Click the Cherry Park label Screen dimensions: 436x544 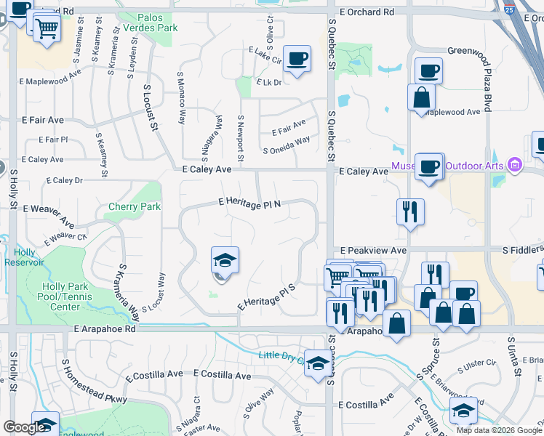[134, 206]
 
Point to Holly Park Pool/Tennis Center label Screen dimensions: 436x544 [65, 296]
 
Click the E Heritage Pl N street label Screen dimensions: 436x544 [249, 204]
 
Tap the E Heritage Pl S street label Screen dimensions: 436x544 [266, 297]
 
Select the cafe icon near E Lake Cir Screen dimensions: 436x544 [297, 58]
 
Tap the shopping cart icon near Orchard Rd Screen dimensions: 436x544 [47, 29]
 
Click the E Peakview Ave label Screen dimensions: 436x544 [372, 250]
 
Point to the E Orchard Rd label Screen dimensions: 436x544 [367, 12]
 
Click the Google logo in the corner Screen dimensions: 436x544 [25, 427]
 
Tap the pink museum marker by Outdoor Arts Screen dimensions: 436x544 [516, 165]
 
